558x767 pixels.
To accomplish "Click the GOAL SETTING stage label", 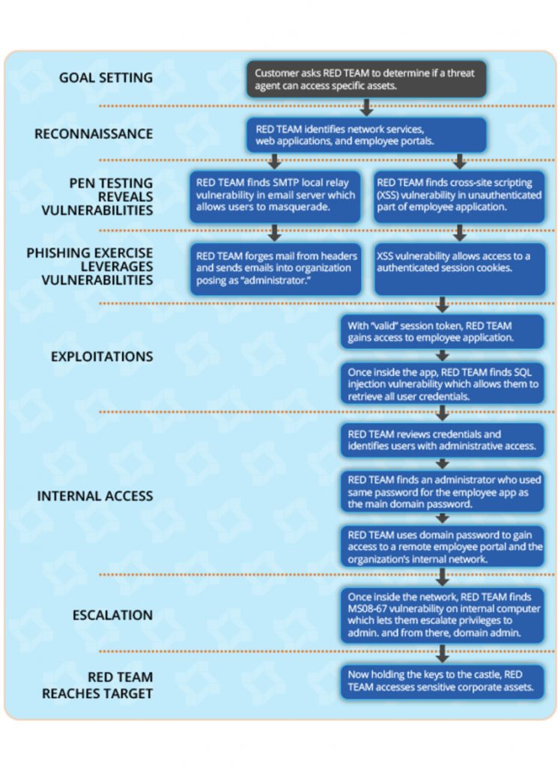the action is pos(106,78).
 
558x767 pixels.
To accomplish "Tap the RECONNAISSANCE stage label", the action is pos(94,134).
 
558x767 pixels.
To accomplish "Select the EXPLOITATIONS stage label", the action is pos(102,357).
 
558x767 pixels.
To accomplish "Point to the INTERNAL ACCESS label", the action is pos(95,496).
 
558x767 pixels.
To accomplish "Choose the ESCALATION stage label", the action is pos(112,616).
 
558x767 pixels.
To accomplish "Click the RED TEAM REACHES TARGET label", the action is pos(97,685).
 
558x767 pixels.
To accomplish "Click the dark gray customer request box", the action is pos(366,79).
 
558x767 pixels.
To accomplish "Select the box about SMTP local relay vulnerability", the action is pos(275,196).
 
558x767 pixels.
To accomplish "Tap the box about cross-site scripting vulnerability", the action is pos(459,196).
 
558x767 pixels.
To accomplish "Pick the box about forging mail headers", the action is pos(276,269).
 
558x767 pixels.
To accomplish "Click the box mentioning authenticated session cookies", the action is pos(460,269).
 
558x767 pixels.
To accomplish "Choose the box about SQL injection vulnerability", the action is pos(443,383).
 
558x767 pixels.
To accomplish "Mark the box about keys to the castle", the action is pos(442,682).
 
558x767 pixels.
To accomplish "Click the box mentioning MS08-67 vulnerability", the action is pos(443,615).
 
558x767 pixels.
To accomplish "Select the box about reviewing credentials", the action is pos(442,440).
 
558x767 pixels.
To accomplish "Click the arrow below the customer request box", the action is pos(366,107).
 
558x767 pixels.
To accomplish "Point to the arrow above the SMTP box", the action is pos(274,161).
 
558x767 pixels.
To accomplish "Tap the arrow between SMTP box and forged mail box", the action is pos(274,233).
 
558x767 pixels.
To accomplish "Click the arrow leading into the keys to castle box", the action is pos(443,653).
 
